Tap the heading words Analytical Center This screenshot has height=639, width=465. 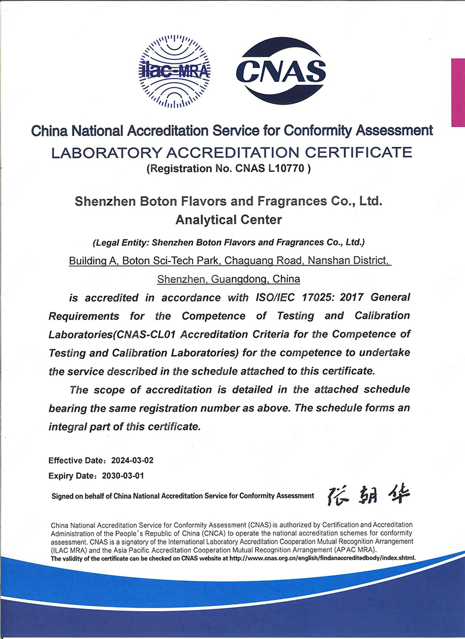[x=228, y=220]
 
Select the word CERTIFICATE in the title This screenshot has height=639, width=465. [x=359, y=153]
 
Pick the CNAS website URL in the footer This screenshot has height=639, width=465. [x=326, y=558]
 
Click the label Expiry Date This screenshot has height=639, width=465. [x=70, y=476]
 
